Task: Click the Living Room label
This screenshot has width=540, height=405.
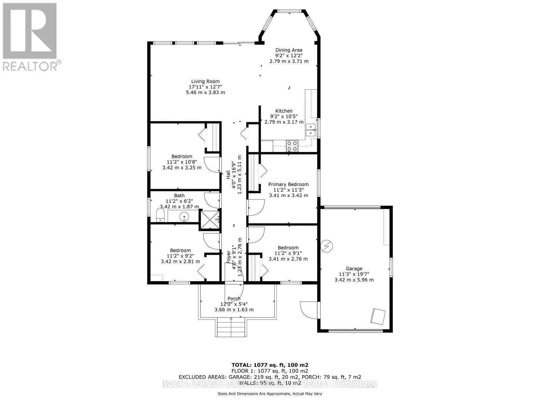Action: pos(205,81)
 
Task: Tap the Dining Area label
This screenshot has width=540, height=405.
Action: pos(289,50)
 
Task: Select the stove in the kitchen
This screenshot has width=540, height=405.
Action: pos(292,145)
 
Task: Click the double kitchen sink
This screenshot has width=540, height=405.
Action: pos(310,130)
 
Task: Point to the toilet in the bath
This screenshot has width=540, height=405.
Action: pos(160,215)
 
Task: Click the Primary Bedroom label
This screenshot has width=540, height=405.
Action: pos(288,184)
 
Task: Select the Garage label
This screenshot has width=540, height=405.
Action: pos(354,269)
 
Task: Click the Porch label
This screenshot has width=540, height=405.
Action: pos(234,299)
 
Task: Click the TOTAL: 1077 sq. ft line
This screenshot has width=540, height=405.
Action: pos(270,365)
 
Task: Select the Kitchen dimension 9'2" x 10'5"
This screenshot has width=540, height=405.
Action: pos(284,116)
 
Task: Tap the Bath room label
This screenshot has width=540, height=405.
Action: pos(179,195)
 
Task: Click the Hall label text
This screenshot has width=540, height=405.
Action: pos(228,174)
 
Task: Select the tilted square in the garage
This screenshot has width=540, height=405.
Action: pos(378,317)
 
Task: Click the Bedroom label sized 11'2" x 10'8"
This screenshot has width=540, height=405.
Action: pos(182,156)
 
